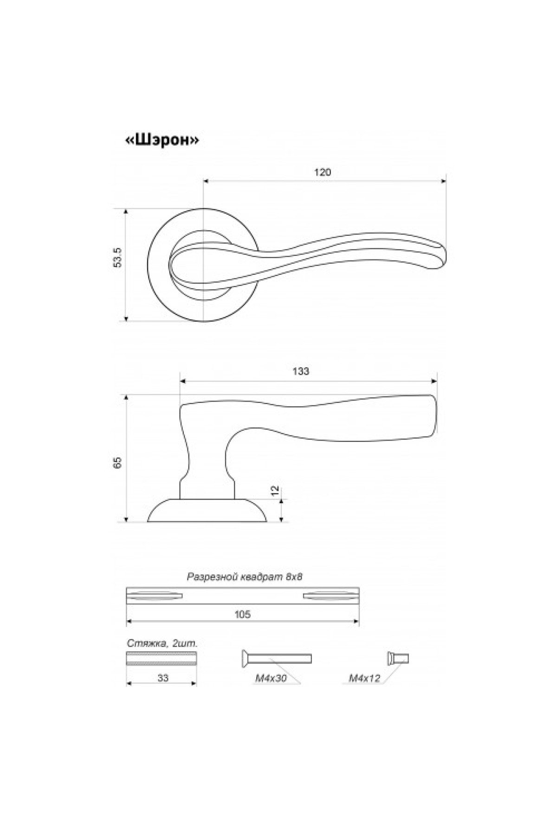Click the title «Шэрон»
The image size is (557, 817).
[x=162, y=140]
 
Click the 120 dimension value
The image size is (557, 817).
[x=323, y=172]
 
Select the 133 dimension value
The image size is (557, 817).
[x=301, y=371]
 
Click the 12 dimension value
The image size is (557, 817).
[x=275, y=490]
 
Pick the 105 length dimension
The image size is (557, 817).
[x=243, y=615]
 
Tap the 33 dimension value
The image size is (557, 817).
[x=162, y=678]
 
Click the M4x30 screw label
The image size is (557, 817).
[x=271, y=679]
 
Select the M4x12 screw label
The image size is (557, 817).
[x=364, y=679]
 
